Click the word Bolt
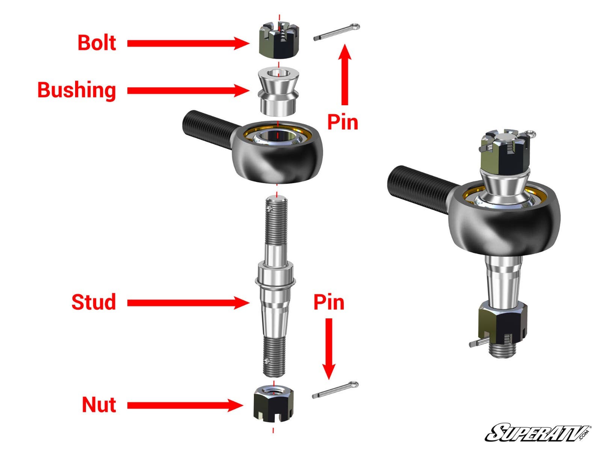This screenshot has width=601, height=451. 97,43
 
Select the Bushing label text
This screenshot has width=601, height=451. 77,91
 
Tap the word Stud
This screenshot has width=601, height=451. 94,303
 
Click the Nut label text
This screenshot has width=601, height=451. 99,405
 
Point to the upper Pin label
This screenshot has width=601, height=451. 343,122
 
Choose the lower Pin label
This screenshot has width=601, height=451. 329,303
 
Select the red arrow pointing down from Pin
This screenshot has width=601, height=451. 329,348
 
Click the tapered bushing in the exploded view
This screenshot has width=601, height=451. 278,92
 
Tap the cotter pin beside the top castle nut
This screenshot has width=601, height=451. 337,32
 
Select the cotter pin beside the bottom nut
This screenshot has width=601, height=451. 335,390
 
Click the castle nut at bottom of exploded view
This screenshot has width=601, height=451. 273,405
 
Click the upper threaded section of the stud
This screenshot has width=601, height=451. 276,222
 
